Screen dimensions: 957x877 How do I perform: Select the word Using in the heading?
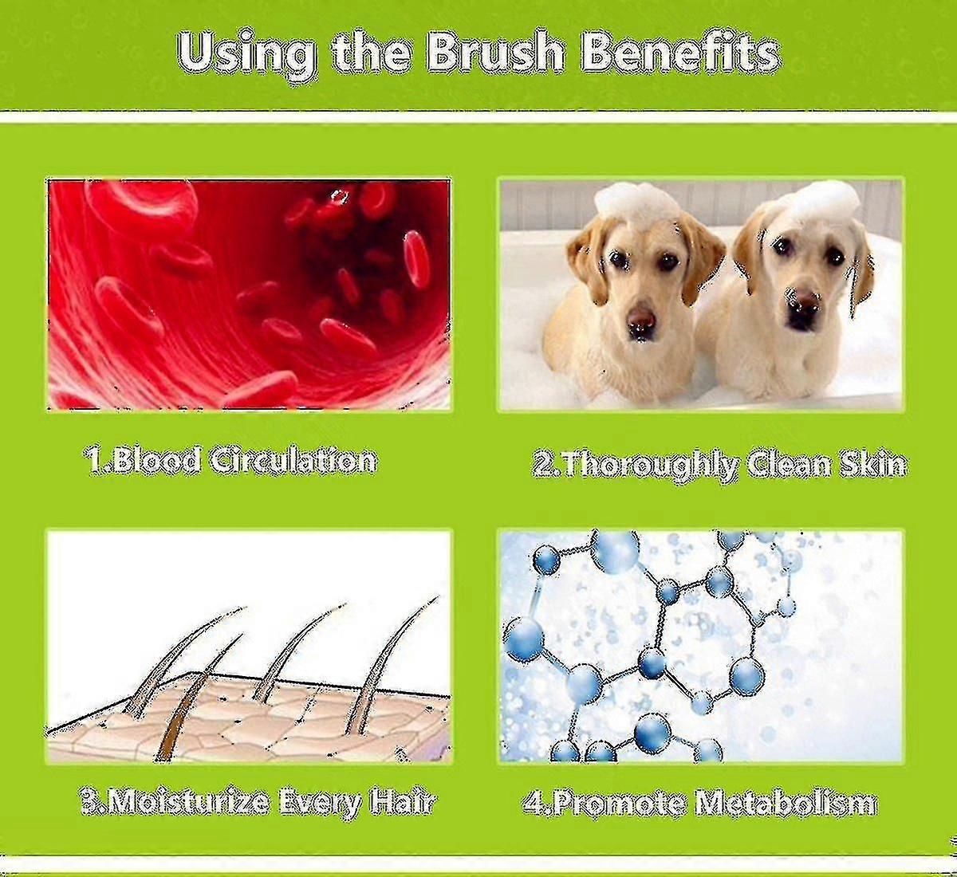point(247,57)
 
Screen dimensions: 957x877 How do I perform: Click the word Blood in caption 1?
point(142,462)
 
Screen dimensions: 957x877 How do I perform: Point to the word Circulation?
point(293,462)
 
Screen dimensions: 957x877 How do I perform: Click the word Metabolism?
point(785,804)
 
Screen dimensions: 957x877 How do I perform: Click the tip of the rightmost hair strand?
point(438,596)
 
